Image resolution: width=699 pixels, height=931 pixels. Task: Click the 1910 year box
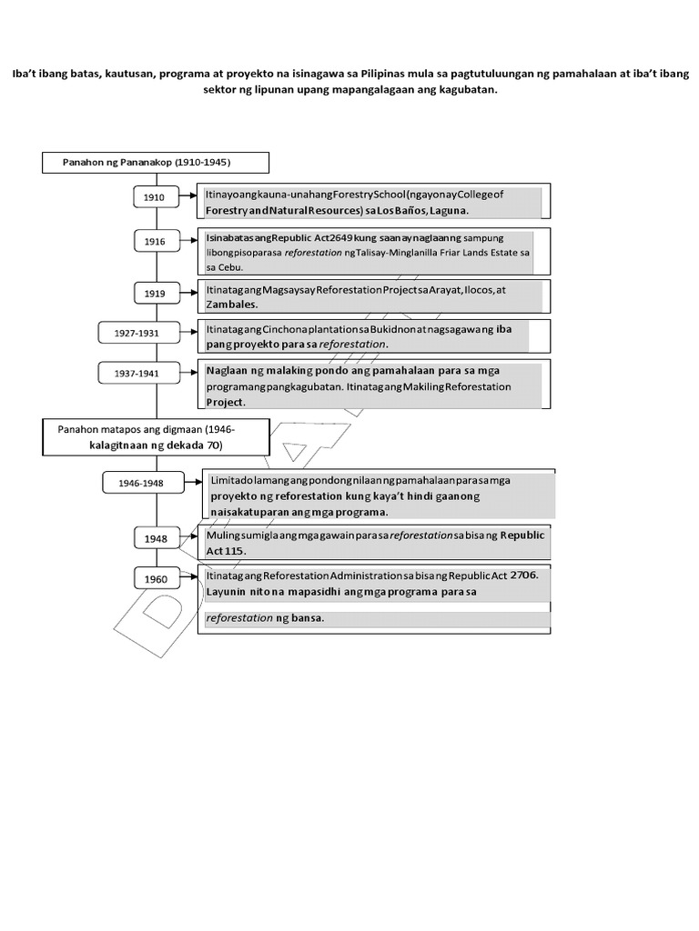[154, 197]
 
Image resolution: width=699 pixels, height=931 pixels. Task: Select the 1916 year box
[154, 241]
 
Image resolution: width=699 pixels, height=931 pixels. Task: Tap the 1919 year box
[154, 293]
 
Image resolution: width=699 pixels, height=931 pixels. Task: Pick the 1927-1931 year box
[137, 334]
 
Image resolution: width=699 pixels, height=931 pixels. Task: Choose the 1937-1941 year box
[137, 373]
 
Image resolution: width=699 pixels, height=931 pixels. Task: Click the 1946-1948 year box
[141, 483]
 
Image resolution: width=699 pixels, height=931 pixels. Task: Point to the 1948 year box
[156, 538]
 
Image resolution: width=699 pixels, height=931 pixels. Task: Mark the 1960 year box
[156, 579]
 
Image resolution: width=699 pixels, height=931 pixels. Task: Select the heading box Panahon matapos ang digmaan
[156, 436]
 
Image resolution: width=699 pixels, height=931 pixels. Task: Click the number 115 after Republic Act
[234, 551]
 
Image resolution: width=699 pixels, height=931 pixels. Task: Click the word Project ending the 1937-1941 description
[226, 401]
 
